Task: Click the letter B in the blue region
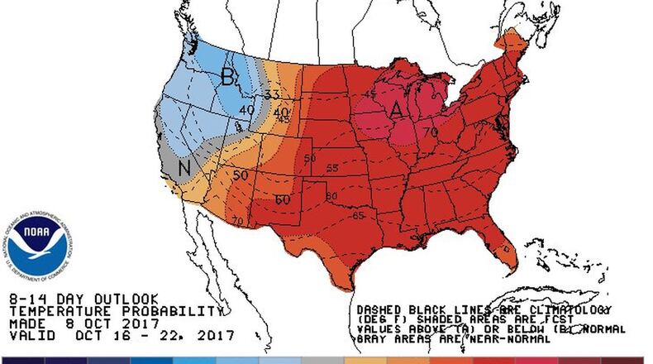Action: (x=226, y=77)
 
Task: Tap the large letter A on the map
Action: (x=397, y=108)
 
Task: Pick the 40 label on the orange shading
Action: (x=281, y=112)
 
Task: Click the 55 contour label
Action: (x=332, y=168)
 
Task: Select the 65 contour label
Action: (x=359, y=215)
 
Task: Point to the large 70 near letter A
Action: (x=431, y=131)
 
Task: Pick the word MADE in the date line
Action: (x=26, y=323)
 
